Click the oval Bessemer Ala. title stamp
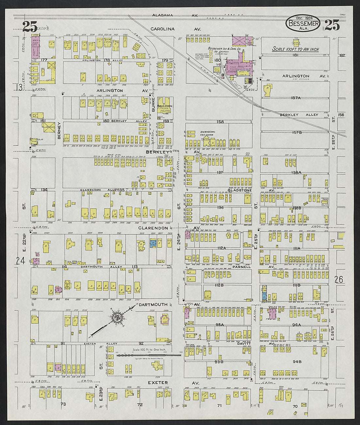(x=303, y=23)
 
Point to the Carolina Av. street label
(x=176, y=29)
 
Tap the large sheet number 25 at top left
(x=29, y=26)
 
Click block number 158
(x=220, y=122)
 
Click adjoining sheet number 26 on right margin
(x=339, y=279)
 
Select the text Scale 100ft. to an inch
(x=296, y=49)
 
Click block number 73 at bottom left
(x=63, y=404)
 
